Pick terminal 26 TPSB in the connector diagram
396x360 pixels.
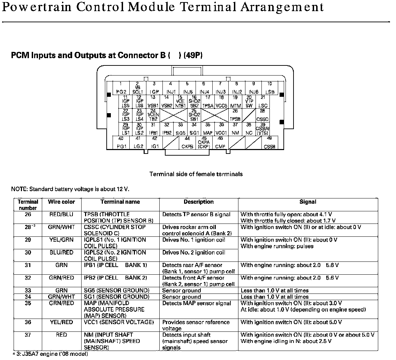[x=236, y=115]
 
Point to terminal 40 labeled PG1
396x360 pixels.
[x=121, y=143]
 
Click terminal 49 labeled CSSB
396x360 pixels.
[x=269, y=143]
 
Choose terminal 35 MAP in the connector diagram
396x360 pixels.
[x=208, y=129]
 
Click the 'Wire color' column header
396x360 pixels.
[x=61, y=202]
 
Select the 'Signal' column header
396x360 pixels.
[x=308, y=202]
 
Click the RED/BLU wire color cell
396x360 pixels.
[x=61, y=214]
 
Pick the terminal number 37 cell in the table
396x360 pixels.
[x=28, y=335]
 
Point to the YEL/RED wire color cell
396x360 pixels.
[x=61, y=322]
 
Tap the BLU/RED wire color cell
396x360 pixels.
[x=61, y=252]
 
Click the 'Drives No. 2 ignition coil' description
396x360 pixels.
[x=194, y=252]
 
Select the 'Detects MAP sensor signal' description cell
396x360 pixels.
[x=197, y=303]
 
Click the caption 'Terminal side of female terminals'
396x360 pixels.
[x=196, y=174]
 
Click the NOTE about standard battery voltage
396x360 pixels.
[x=70, y=189]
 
